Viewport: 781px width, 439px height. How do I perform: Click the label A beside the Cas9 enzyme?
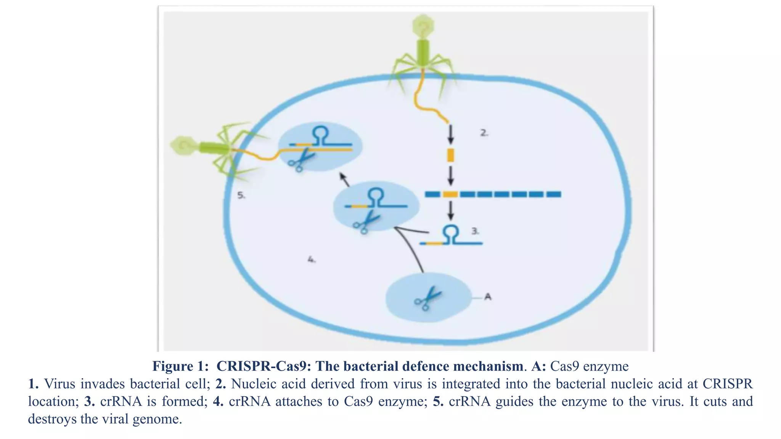click(x=487, y=296)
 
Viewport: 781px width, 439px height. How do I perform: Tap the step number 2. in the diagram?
click(x=484, y=133)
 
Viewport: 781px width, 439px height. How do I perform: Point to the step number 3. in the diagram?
click(x=475, y=231)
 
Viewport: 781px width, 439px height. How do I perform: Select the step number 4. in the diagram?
click(x=311, y=260)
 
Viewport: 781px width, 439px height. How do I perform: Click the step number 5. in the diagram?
click(x=241, y=195)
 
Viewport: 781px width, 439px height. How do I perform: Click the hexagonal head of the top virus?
click(x=423, y=26)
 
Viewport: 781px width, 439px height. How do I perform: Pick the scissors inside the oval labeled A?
click(x=427, y=298)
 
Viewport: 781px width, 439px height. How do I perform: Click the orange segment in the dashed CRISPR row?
click(x=450, y=194)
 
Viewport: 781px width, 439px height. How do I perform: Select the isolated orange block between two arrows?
click(x=450, y=155)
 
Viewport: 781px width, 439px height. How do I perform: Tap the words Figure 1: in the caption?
click(x=180, y=366)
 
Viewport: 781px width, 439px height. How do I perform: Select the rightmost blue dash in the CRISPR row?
click(x=553, y=194)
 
